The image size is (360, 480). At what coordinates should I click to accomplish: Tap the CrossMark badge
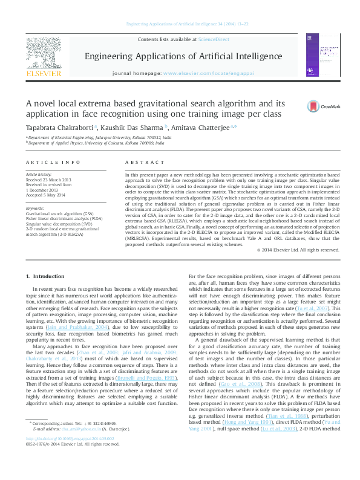point(322,106)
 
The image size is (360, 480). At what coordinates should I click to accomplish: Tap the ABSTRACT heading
point(140,163)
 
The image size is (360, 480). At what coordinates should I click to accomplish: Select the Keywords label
point(35,208)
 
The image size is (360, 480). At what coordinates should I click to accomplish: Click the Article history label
point(39,174)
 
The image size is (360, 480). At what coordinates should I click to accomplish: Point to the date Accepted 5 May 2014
point(47,195)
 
